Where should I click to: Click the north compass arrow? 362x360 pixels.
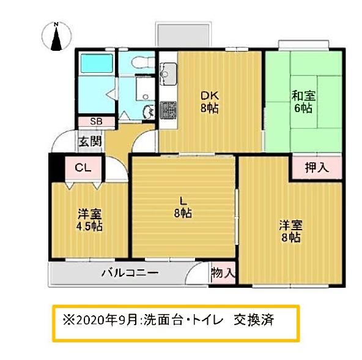56,38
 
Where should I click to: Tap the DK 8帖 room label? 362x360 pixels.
209,102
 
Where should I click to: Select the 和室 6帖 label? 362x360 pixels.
303,102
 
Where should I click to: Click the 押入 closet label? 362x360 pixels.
317,167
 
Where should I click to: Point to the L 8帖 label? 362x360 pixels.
183,207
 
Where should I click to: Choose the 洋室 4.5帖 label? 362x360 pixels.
89,220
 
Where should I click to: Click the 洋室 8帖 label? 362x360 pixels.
291,231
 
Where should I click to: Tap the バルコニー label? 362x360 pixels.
130,273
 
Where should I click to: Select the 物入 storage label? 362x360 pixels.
223,272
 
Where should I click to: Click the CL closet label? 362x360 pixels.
83,167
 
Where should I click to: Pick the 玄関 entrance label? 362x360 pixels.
90,141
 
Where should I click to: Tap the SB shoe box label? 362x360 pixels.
96,122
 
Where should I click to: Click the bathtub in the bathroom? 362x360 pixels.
97,63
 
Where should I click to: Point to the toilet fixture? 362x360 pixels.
143,62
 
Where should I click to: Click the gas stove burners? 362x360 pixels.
168,110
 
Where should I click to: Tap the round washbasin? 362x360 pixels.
149,112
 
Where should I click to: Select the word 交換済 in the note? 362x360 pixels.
254,320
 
